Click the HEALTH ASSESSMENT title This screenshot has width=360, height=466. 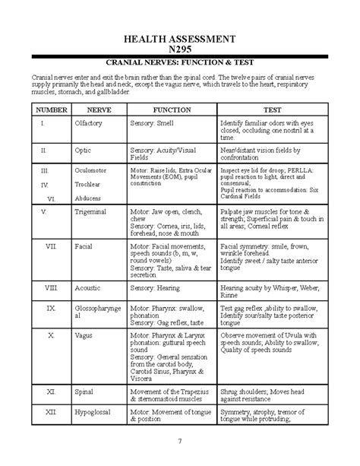180,38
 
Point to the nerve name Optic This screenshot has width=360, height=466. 83,151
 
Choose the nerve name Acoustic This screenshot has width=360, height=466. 87,289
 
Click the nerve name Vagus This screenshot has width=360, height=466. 82,334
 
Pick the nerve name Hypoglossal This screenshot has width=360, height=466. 93,411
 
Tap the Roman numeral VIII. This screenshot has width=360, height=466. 50,289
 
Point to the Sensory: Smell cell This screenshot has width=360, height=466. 153,122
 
